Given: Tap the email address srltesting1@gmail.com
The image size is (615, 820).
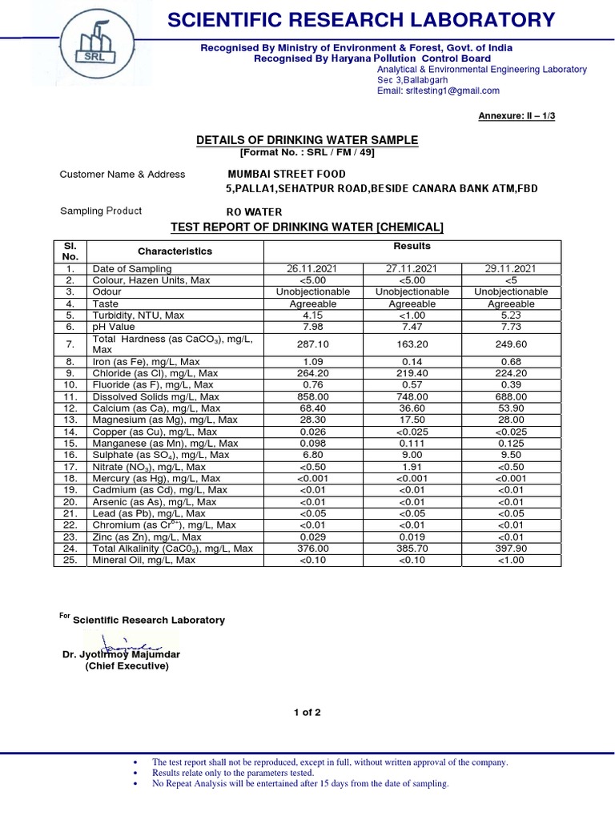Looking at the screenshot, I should pyautogui.click(x=432, y=92).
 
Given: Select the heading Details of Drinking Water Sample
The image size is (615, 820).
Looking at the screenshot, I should pyautogui.click(x=307, y=140).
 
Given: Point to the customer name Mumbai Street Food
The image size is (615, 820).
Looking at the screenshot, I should pyautogui.click(x=287, y=174).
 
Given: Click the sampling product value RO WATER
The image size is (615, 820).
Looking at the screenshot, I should pyautogui.click(x=255, y=211).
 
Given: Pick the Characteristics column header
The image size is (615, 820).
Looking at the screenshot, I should pyautogui.click(x=175, y=251).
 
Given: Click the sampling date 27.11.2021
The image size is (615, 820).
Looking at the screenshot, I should pyautogui.click(x=412, y=269).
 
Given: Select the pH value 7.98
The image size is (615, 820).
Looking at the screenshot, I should pyautogui.click(x=312, y=328).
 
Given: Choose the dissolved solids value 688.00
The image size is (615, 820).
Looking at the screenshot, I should pyautogui.click(x=510, y=396).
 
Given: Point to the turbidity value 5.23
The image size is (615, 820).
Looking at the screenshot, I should pyautogui.click(x=510, y=316).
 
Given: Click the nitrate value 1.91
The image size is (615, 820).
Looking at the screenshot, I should pyautogui.click(x=412, y=467).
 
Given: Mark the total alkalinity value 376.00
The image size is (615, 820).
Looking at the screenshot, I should pyautogui.click(x=312, y=549).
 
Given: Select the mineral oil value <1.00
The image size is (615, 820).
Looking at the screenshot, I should pyautogui.click(x=510, y=561).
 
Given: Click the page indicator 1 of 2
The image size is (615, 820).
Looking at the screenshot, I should pyautogui.click(x=307, y=713).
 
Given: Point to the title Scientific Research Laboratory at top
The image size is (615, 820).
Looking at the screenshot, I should pyautogui.click(x=360, y=20).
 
